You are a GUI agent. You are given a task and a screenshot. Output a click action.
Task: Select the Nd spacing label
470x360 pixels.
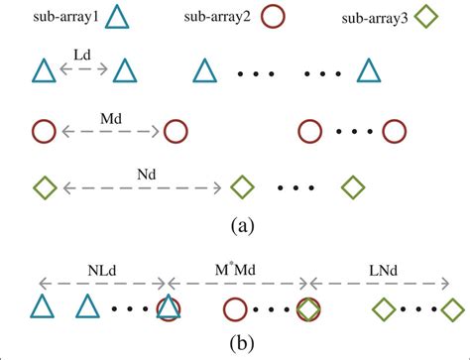click(x=145, y=175)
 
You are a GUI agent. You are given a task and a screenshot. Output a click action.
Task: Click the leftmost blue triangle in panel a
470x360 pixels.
click(x=43, y=71)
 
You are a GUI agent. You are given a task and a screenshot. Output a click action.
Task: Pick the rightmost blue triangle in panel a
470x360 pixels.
click(x=368, y=71)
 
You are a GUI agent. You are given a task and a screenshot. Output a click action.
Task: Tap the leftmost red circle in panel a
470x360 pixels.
click(x=42, y=130)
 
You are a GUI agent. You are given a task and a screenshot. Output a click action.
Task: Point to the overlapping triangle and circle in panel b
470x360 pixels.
click(x=169, y=308)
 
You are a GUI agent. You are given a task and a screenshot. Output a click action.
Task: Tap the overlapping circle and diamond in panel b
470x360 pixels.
click(x=309, y=308)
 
